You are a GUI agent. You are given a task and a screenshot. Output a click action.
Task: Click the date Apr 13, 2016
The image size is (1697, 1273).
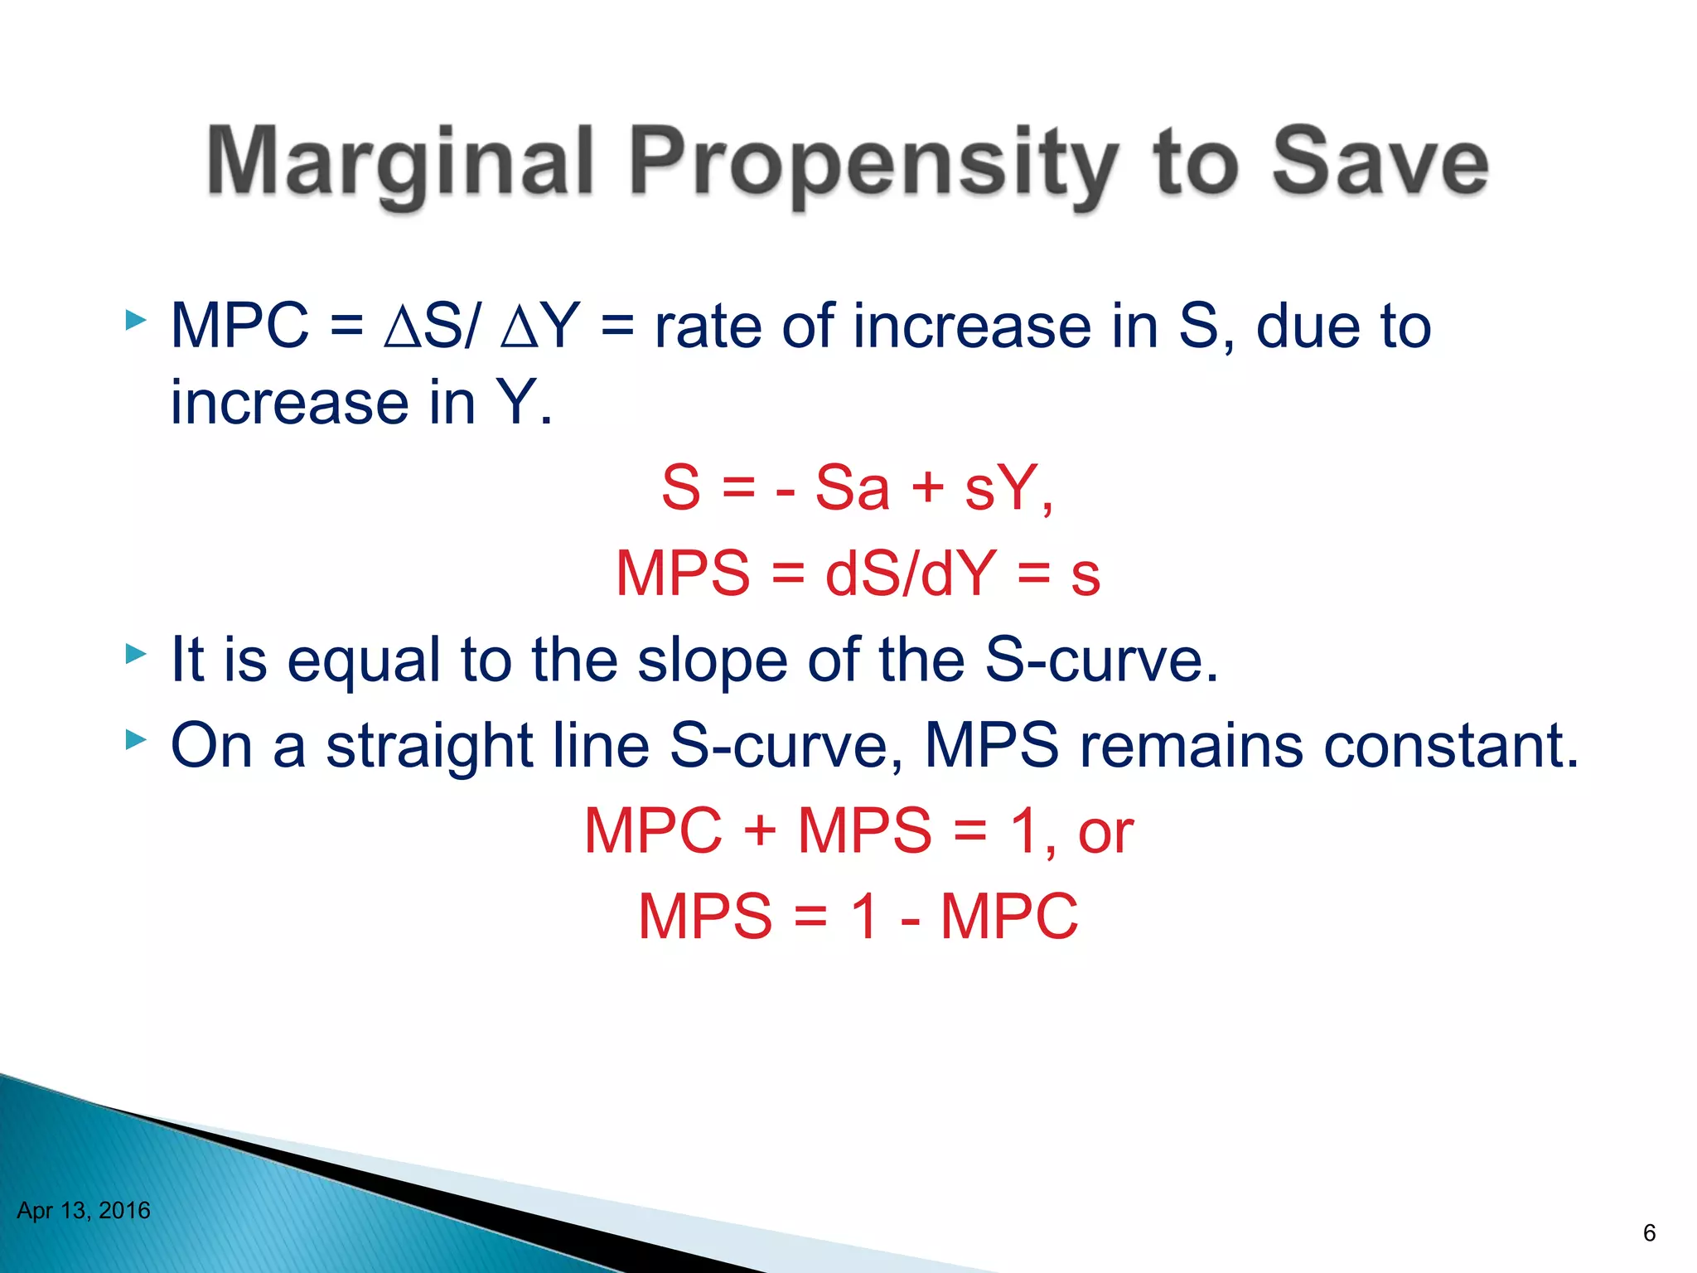click(x=84, y=1211)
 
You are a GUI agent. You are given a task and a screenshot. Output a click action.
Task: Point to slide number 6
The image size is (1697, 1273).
click(x=1649, y=1233)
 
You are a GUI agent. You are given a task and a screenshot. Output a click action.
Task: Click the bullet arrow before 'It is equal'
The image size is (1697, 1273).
click(x=135, y=655)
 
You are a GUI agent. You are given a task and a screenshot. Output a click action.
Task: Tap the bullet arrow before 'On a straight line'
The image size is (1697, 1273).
click(x=135, y=739)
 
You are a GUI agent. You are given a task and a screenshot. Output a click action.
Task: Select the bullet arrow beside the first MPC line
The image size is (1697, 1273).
click(x=135, y=320)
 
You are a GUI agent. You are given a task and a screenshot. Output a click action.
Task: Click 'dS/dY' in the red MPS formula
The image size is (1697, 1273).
click(x=910, y=574)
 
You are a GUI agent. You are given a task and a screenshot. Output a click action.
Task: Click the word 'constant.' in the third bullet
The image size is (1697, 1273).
click(x=1451, y=745)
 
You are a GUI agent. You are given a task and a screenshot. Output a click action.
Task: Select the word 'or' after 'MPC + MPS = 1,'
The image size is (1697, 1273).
click(x=1105, y=831)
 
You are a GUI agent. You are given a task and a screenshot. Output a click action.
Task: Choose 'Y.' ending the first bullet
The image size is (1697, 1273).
click(x=524, y=403)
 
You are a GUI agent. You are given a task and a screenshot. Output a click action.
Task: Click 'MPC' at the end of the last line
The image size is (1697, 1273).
click(x=1008, y=917)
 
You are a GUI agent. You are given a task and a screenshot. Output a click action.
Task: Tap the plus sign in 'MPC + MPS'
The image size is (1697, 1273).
click(x=759, y=831)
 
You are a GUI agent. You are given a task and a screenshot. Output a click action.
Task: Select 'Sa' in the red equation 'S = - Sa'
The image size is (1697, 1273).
click(x=852, y=488)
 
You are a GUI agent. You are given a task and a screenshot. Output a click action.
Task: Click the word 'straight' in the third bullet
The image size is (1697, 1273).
click(x=429, y=745)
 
